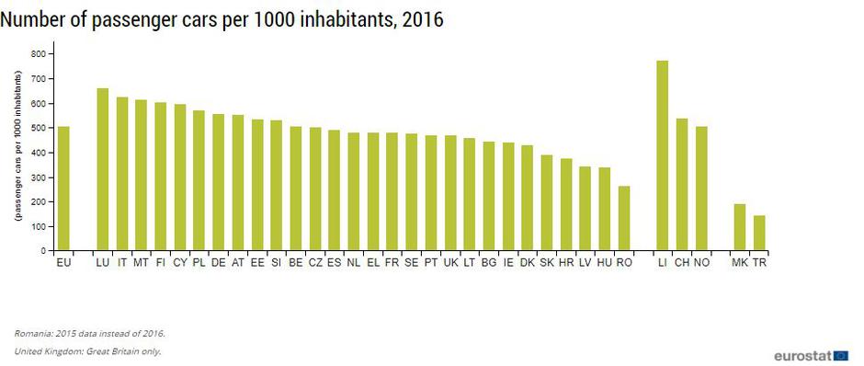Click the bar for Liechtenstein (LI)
pos(662,155)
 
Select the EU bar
pos(63,189)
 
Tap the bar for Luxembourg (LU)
pos(102,169)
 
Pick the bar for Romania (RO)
pos(624,218)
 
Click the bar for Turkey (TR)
pos(759,233)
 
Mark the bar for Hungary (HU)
pos(604,209)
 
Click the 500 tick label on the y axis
pos(39,128)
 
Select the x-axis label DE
pos(219,263)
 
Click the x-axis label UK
pos(450,263)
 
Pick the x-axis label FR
pos(392,263)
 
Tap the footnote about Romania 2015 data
pos(90,333)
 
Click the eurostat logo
pos(810,354)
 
